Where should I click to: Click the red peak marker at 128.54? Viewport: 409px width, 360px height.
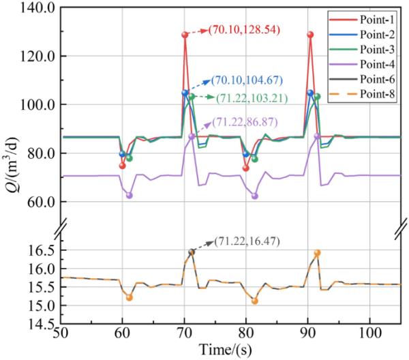point(185,35)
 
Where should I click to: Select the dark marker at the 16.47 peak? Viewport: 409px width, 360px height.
point(192,252)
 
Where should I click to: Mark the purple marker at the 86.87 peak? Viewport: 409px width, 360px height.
point(192,136)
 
